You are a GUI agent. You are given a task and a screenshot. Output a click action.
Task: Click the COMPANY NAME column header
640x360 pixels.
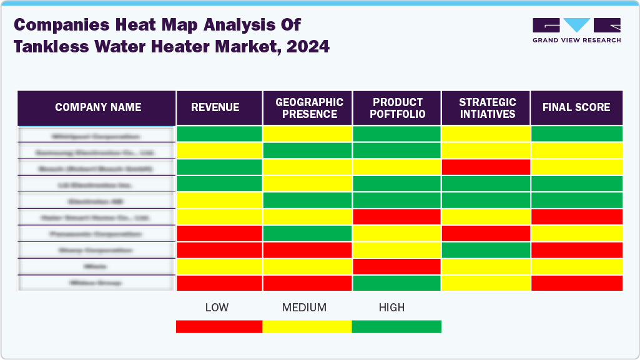[x=97, y=107]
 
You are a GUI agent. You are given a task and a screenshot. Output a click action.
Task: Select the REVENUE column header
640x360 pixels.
[x=215, y=107]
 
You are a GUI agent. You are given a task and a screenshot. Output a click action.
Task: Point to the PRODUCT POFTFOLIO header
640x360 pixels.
[x=398, y=107]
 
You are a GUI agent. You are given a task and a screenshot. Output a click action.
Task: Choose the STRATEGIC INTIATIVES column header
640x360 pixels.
[x=486, y=107]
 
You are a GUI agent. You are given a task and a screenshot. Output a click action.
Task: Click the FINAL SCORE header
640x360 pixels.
[x=576, y=107]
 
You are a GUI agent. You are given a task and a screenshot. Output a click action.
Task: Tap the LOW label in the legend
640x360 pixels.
[x=217, y=308]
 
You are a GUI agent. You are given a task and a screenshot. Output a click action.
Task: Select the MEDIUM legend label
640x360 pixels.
[x=304, y=308]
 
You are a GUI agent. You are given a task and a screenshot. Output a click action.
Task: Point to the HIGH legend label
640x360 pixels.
[x=391, y=308]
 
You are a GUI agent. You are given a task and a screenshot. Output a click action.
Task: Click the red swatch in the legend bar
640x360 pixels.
[x=219, y=327]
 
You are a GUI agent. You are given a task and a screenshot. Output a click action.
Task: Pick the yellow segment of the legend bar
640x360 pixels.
[x=307, y=327]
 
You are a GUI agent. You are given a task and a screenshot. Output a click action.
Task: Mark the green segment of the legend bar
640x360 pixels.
[x=396, y=327]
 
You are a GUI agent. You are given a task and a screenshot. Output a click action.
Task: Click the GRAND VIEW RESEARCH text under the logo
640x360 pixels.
[x=576, y=41]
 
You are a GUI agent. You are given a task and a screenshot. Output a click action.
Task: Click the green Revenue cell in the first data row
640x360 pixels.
[x=219, y=134]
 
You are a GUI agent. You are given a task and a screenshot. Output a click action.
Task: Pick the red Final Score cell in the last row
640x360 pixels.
[x=576, y=283]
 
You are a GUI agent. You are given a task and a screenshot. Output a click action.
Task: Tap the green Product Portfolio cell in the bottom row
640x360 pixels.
[x=397, y=283]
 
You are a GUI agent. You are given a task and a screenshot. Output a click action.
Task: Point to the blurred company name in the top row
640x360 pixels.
[x=96, y=135]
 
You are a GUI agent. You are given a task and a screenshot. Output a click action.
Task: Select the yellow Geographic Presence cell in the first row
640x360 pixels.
[x=307, y=134]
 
